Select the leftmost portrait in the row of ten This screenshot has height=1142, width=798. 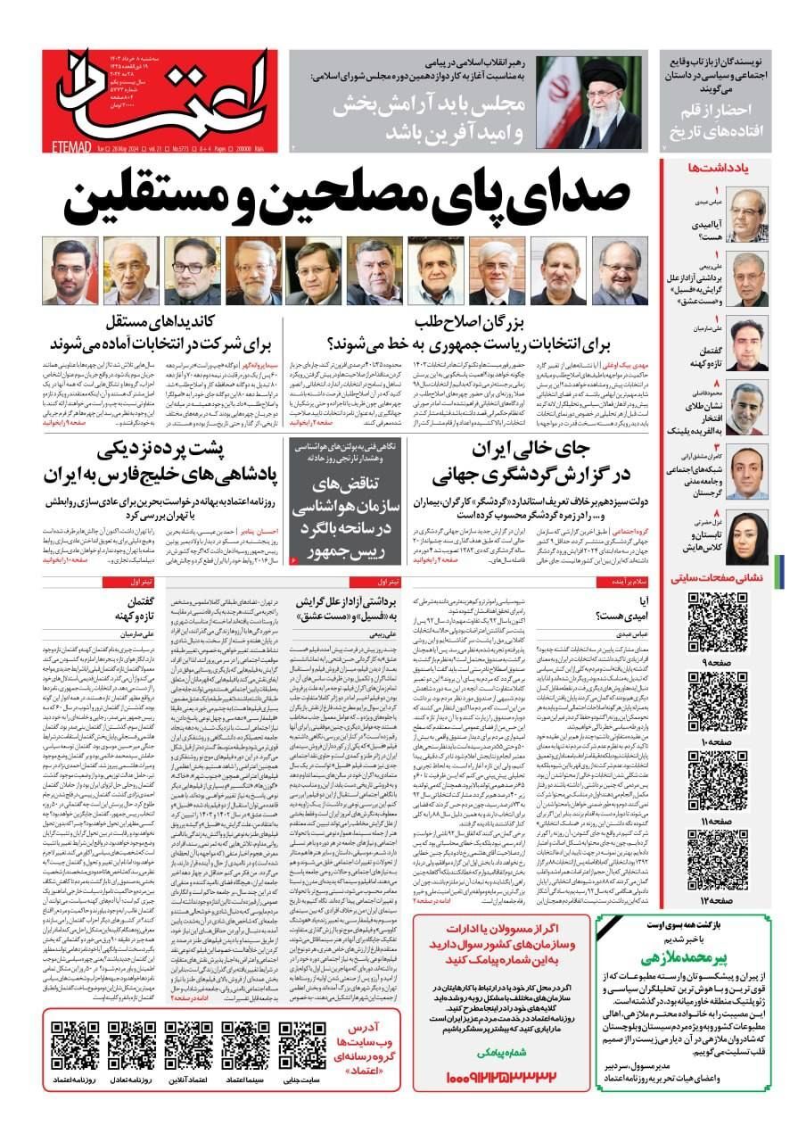click(73, 270)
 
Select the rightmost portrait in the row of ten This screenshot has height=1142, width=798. click(619, 270)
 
